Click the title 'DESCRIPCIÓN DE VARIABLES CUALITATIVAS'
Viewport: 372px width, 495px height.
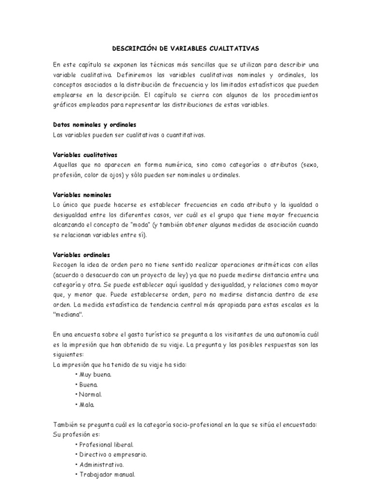[186, 48]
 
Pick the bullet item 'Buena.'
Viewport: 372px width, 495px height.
[87, 384]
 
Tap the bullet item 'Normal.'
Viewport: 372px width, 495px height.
[89, 394]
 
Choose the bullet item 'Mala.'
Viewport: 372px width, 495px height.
[85, 404]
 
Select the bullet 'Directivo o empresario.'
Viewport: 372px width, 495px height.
[111, 454]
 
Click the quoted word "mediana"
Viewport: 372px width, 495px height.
[68, 315]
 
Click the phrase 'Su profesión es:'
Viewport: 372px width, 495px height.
[76, 435]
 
